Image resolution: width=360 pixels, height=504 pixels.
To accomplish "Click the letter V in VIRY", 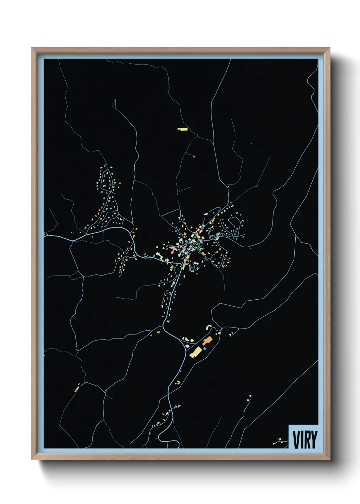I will pos(295,440).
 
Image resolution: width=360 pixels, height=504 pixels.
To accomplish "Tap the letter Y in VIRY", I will pos(314,440).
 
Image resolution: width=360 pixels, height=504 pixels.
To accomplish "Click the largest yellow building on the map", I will pos(195,352).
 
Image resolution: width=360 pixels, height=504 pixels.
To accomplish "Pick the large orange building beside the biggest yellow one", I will pos(207,341).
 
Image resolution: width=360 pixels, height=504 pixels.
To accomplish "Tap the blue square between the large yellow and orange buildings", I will pos(205,348).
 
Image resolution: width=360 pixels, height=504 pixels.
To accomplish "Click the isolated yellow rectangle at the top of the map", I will pos(182,129).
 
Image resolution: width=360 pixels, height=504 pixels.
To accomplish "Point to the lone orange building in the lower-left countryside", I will pos(77,388).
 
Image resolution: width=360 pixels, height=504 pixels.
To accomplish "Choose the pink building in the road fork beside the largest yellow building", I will pos(187,346).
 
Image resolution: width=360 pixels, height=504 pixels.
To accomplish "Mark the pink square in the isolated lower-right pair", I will pos(250,396).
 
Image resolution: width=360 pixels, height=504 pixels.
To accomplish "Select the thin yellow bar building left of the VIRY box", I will pos(275,443).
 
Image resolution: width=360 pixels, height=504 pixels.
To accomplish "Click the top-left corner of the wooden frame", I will pos(32,48).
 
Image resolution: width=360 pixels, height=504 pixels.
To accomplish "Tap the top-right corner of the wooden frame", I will pos(329,48).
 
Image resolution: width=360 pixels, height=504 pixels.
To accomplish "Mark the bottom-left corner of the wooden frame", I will pos(32,459).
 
